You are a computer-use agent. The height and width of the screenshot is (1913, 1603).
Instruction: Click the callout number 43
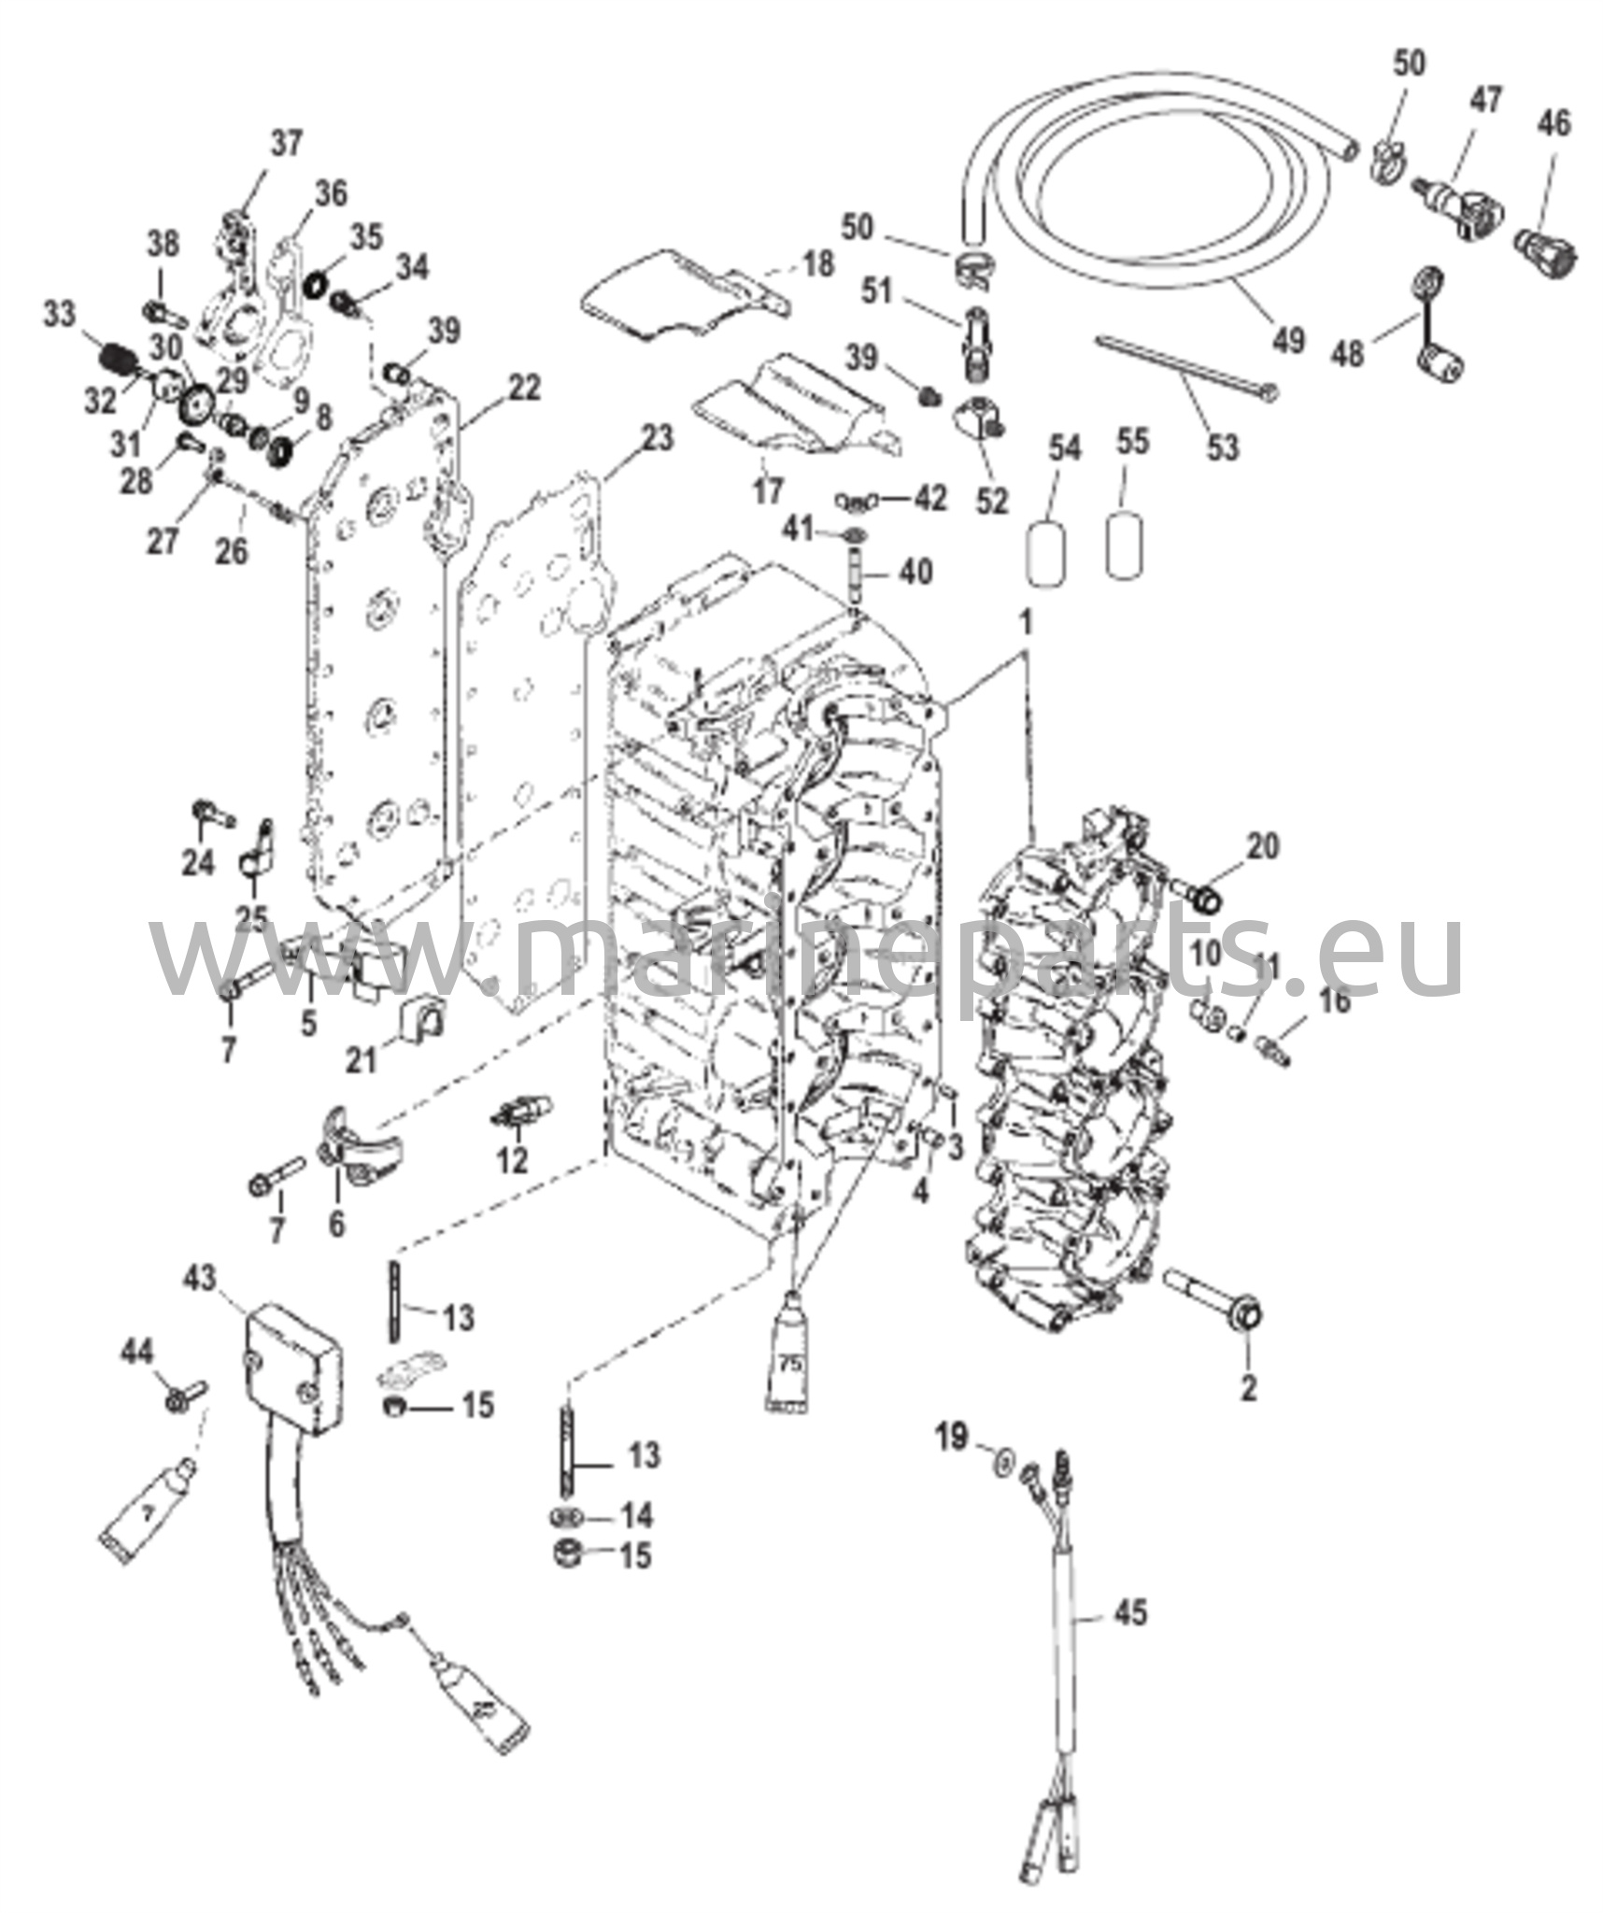click(200, 1279)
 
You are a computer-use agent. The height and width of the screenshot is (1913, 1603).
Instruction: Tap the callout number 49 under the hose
click(1289, 339)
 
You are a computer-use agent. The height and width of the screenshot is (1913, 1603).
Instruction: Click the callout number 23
click(658, 437)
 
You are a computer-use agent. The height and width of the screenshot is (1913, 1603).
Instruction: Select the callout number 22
click(525, 388)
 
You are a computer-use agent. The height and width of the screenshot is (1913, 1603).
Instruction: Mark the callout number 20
click(1263, 846)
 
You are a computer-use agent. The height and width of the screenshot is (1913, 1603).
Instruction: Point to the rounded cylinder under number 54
click(1046, 555)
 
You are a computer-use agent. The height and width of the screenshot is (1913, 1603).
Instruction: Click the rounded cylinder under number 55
click(1126, 545)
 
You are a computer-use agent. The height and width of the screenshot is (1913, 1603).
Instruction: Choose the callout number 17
click(767, 491)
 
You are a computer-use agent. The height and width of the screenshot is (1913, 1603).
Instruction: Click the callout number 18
click(818, 264)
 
